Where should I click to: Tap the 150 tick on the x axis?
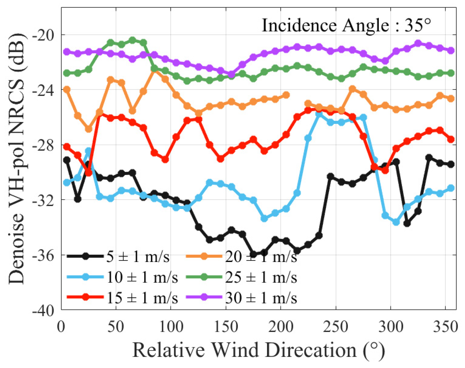pos(226,327)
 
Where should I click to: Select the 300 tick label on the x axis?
pos(390,327)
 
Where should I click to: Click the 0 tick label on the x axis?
pos(62,327)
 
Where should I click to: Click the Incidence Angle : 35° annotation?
pos(346,26)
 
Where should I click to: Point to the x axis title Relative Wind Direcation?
pos(258,350)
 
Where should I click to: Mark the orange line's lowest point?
pos(89,129)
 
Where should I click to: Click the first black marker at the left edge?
pos(67,160)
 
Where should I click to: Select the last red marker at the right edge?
pos(451,140)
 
